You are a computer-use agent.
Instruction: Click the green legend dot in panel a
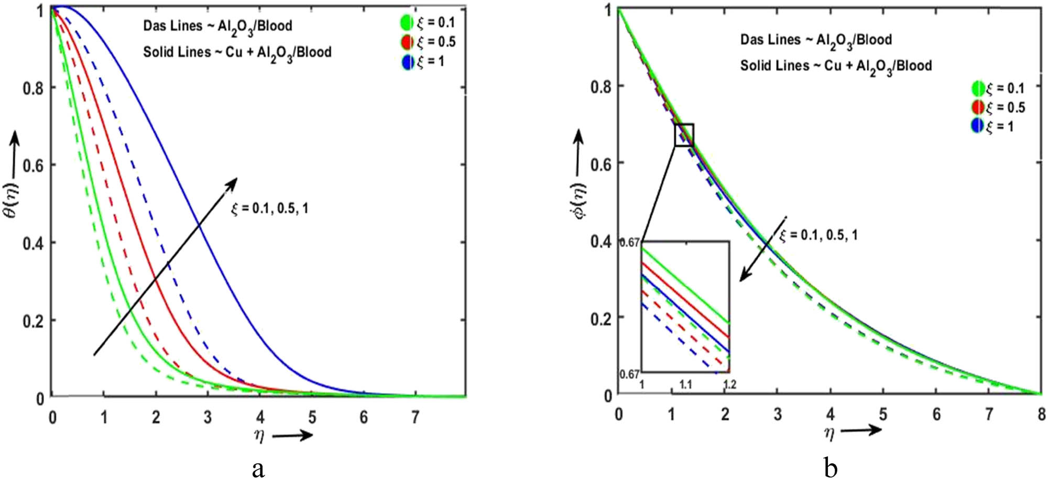[x=407, y=23]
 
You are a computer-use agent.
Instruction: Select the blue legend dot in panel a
[x=407, y=62]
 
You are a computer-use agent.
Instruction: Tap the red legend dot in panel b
[x=977, y=107]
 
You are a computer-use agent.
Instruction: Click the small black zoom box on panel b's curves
[x=684, y=135]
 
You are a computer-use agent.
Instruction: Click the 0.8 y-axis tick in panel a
[x=32, y=88]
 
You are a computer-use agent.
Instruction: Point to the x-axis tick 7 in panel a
[x=415, y=417]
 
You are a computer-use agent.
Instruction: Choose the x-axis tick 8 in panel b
[x=1041, y=414]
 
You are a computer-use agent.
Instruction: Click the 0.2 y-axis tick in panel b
[x=601, y=319]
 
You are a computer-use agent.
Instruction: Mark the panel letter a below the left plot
[x=258, y=468]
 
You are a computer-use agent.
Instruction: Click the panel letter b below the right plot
[x=830, y=467]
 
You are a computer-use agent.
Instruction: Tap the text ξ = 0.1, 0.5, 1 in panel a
[x=270, y=209]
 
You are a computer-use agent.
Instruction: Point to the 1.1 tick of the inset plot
[x=685, y=385]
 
